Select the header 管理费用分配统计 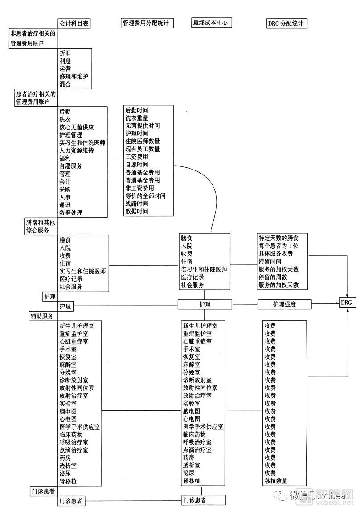click(x=147, y=24)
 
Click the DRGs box click(x=347, y=303)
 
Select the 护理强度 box click(x=285, y=304)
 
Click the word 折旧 click(x=65, y=53)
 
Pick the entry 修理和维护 click(x=74, y=76)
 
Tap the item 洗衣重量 click(x=137, y=118)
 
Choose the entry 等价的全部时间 click(x=145, y=196)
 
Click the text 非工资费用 click(x=139, y=188)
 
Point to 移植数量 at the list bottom click(x=276, y=481)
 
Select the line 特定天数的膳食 click(x=282, y=238)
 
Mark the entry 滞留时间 click(x=270, y=261)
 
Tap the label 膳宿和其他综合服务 click(x=40, y=226)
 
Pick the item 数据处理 click(x=71, y=213)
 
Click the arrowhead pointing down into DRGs click(x=347, y=295)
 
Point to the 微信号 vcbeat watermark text click(x=314, y=495)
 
